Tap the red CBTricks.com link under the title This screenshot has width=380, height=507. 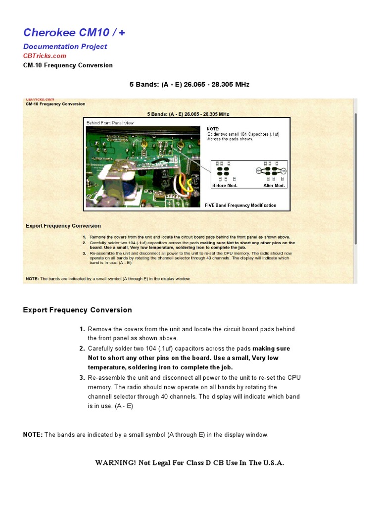(45, 56)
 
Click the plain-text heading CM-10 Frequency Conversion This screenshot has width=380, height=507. (68, 65)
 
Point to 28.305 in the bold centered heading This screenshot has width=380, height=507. (221, 85)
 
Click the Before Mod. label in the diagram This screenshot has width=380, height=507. (225, 185)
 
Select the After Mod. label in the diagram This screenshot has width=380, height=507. (274, 185)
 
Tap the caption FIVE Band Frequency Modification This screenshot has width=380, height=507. (240, 205)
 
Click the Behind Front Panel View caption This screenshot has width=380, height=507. (110, 122)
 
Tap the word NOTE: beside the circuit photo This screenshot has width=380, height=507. (213, 129)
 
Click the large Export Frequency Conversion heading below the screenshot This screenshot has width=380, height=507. (78, 310)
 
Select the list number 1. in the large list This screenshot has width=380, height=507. (82, 329)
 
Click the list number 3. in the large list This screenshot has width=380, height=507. (82, 378)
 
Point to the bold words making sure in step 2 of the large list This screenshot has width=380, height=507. (271, 349)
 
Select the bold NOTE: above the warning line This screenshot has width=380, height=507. (33, 435)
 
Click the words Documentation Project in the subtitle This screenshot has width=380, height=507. (65, 47)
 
